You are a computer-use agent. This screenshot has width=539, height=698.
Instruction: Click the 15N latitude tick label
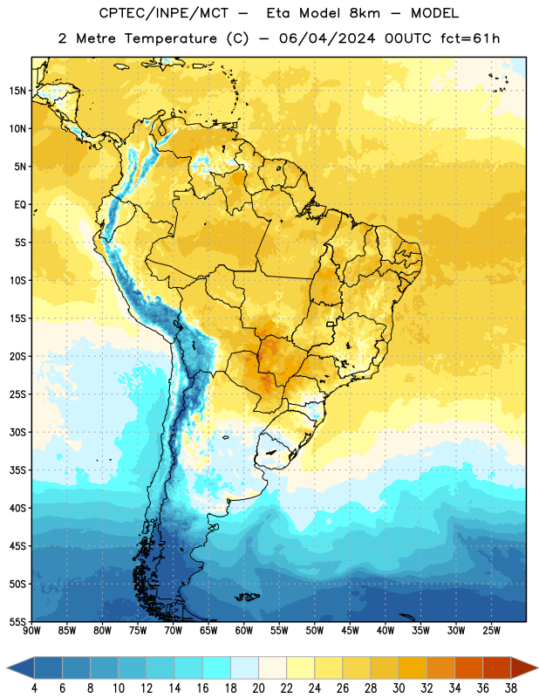[x=17, y=91]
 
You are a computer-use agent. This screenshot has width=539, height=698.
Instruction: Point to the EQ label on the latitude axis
[x=20, y=205]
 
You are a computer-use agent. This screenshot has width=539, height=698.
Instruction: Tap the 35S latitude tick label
[x=17, y=470]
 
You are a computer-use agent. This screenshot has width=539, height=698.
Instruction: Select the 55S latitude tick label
[x=17, y=621]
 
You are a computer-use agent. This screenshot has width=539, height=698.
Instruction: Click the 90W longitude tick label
[x=31, y=631]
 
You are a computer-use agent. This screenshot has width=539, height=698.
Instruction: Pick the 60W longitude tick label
[x=244, y=631]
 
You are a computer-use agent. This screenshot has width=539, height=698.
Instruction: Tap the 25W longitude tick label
[x=492, y=631]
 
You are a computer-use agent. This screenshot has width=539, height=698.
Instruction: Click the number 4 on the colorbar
[x=34, y=688]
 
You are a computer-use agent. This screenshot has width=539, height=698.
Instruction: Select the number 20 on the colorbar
[x=258, y=688]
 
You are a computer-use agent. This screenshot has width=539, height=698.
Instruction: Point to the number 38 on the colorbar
[x=511, y=688]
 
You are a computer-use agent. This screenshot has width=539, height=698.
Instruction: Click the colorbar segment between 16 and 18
[x=216, y=668]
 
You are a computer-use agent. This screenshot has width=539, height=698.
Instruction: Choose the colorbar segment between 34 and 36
[x=468, y=668]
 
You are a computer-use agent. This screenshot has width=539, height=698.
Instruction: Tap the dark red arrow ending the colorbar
[x=523, y=668]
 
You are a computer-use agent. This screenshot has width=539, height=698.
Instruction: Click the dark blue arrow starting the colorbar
[x=21, y=668]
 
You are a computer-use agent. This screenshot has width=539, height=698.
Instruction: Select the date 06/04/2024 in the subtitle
[x=327, y=38]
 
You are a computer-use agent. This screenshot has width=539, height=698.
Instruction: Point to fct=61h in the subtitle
[x=470, y=38]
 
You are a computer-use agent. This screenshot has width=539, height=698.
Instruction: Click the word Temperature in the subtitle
[x=170, y=38]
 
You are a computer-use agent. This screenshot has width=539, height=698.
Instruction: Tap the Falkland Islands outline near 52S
[x=247, y=597]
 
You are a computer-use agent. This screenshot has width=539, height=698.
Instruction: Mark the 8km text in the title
[x=365, y=13]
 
